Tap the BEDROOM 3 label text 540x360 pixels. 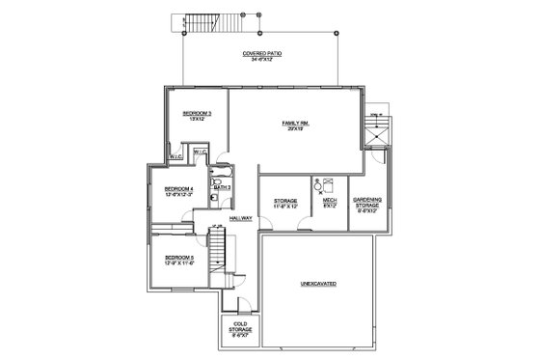(198, 113)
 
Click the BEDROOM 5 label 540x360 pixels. (179, 257)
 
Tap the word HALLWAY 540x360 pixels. (240, 218)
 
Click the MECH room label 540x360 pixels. (329, 200)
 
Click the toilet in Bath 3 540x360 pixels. (217, 180)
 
